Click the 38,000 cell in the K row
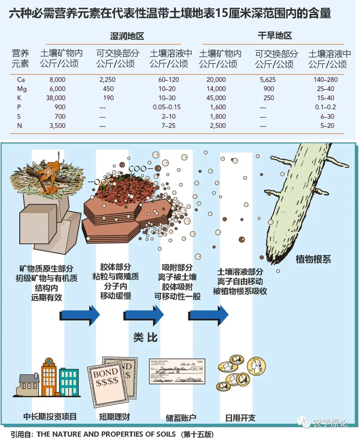pyautogui.click(x=56, y=98)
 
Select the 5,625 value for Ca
pyautogui.click(x=268, y=80)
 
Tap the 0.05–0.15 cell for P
pyautogui.click(x=167, y=107)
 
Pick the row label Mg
pyautogui.click(x=22, y=89)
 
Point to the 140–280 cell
pyautogui.click(x=325, y=80)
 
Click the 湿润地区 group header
pyautogui.click(x=127, y=36)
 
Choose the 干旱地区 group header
pyautogui.click(x=275, y=36)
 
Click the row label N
pyautogui.click(x=20, y=126)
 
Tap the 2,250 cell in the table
pyautogui.click(x=107, y=80)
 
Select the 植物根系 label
pyautogui.click(x=313, y=259)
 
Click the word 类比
pyautogui.click(x=145, y=337)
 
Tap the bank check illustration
pyautogui.click(x=177, y=371)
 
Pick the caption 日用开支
pyautogui.click(x=240, y=418)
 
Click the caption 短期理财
pyautogui.click(x=114, y=417)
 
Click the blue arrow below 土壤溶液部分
pyautogui.click(x=209, y=315)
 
